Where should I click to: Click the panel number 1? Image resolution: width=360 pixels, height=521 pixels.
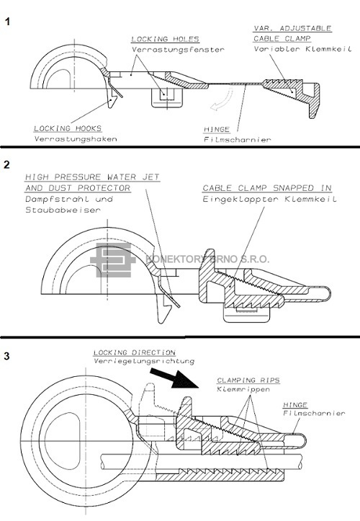point(7,22)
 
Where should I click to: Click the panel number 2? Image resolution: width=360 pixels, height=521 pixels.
point(7,164)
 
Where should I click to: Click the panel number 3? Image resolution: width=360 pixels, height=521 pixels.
point(7,356)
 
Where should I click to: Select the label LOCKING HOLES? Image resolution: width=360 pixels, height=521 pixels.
point(165,39)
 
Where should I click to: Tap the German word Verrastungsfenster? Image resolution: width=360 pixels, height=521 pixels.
point(178,50)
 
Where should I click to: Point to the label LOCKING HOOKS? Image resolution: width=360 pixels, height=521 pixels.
point(68,128)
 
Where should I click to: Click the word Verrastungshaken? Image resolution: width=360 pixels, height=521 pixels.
point(76,138)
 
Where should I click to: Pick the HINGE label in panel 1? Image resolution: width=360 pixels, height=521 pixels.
point(217,129)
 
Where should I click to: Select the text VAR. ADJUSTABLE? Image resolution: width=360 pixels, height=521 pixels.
point(292,28)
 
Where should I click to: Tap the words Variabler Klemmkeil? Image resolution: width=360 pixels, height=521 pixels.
point(302,49)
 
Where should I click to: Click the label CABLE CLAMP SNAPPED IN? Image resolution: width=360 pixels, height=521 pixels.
point(267,188)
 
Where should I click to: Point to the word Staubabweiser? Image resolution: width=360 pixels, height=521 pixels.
point(63,210)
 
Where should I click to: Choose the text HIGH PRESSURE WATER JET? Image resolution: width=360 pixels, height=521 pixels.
point(92,177)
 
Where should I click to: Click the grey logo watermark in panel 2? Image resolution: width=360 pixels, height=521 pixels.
point(113,260)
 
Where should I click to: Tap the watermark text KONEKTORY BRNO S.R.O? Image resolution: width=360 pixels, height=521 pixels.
point(207,259)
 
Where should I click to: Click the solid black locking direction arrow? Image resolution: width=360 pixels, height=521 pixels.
point(174,378)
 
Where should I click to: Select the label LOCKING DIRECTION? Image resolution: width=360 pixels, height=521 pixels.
point(134,352)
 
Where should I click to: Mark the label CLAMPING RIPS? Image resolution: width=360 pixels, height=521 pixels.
point(248,380)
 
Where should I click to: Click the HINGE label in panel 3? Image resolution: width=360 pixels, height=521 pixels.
point(295,405)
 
